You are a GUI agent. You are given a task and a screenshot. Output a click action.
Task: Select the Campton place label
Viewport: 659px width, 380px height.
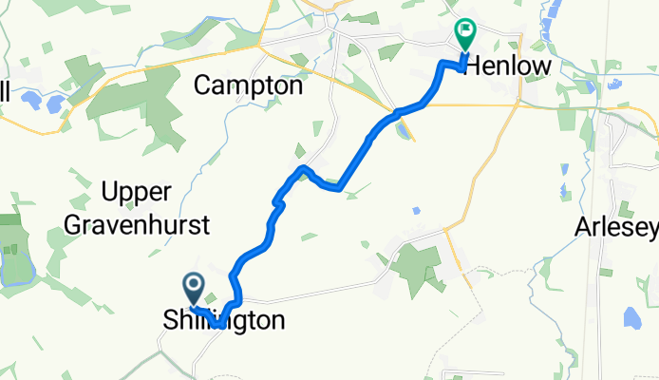248,85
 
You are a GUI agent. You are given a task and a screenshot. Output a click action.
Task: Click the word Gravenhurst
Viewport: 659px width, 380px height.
151,225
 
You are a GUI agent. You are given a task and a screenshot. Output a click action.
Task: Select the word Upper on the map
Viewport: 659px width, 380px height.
136,193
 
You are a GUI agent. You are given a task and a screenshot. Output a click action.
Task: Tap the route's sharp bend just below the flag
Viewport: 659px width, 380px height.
442,64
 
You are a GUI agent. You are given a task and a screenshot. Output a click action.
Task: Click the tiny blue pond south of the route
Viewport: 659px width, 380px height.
416,210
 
